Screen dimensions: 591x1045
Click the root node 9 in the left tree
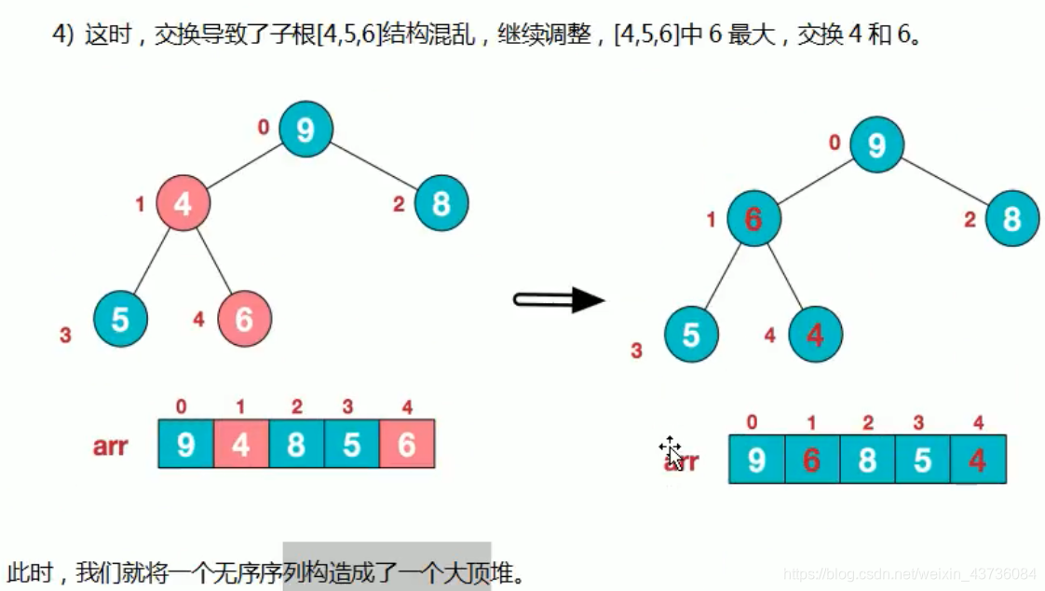pos(305,131)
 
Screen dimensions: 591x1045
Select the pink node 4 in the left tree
pos(183,202)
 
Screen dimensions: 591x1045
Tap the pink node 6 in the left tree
pos(244,319)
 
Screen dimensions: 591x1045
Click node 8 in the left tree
pos(441,202)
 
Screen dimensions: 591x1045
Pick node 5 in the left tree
pos(121,319)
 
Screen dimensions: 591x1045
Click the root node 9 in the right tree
pos(876,146)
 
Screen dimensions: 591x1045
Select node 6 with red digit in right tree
pos(753,219)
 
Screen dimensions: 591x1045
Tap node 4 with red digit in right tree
pos(815,335)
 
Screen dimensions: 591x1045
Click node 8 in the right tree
pos(1012,219)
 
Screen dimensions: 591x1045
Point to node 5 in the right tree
pos(691,335)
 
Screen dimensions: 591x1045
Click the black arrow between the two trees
pos(559,299)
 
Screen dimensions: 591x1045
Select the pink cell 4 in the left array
pos(241,444)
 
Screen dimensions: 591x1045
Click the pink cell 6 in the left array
pos(407,444)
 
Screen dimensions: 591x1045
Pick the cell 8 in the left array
pos(296,444)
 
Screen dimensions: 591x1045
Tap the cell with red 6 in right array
pos(811,460)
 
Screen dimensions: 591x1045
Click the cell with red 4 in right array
pos(978,460)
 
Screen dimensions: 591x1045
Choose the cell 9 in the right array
pos(756,460)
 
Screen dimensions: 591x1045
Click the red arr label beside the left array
pos(110,446)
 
